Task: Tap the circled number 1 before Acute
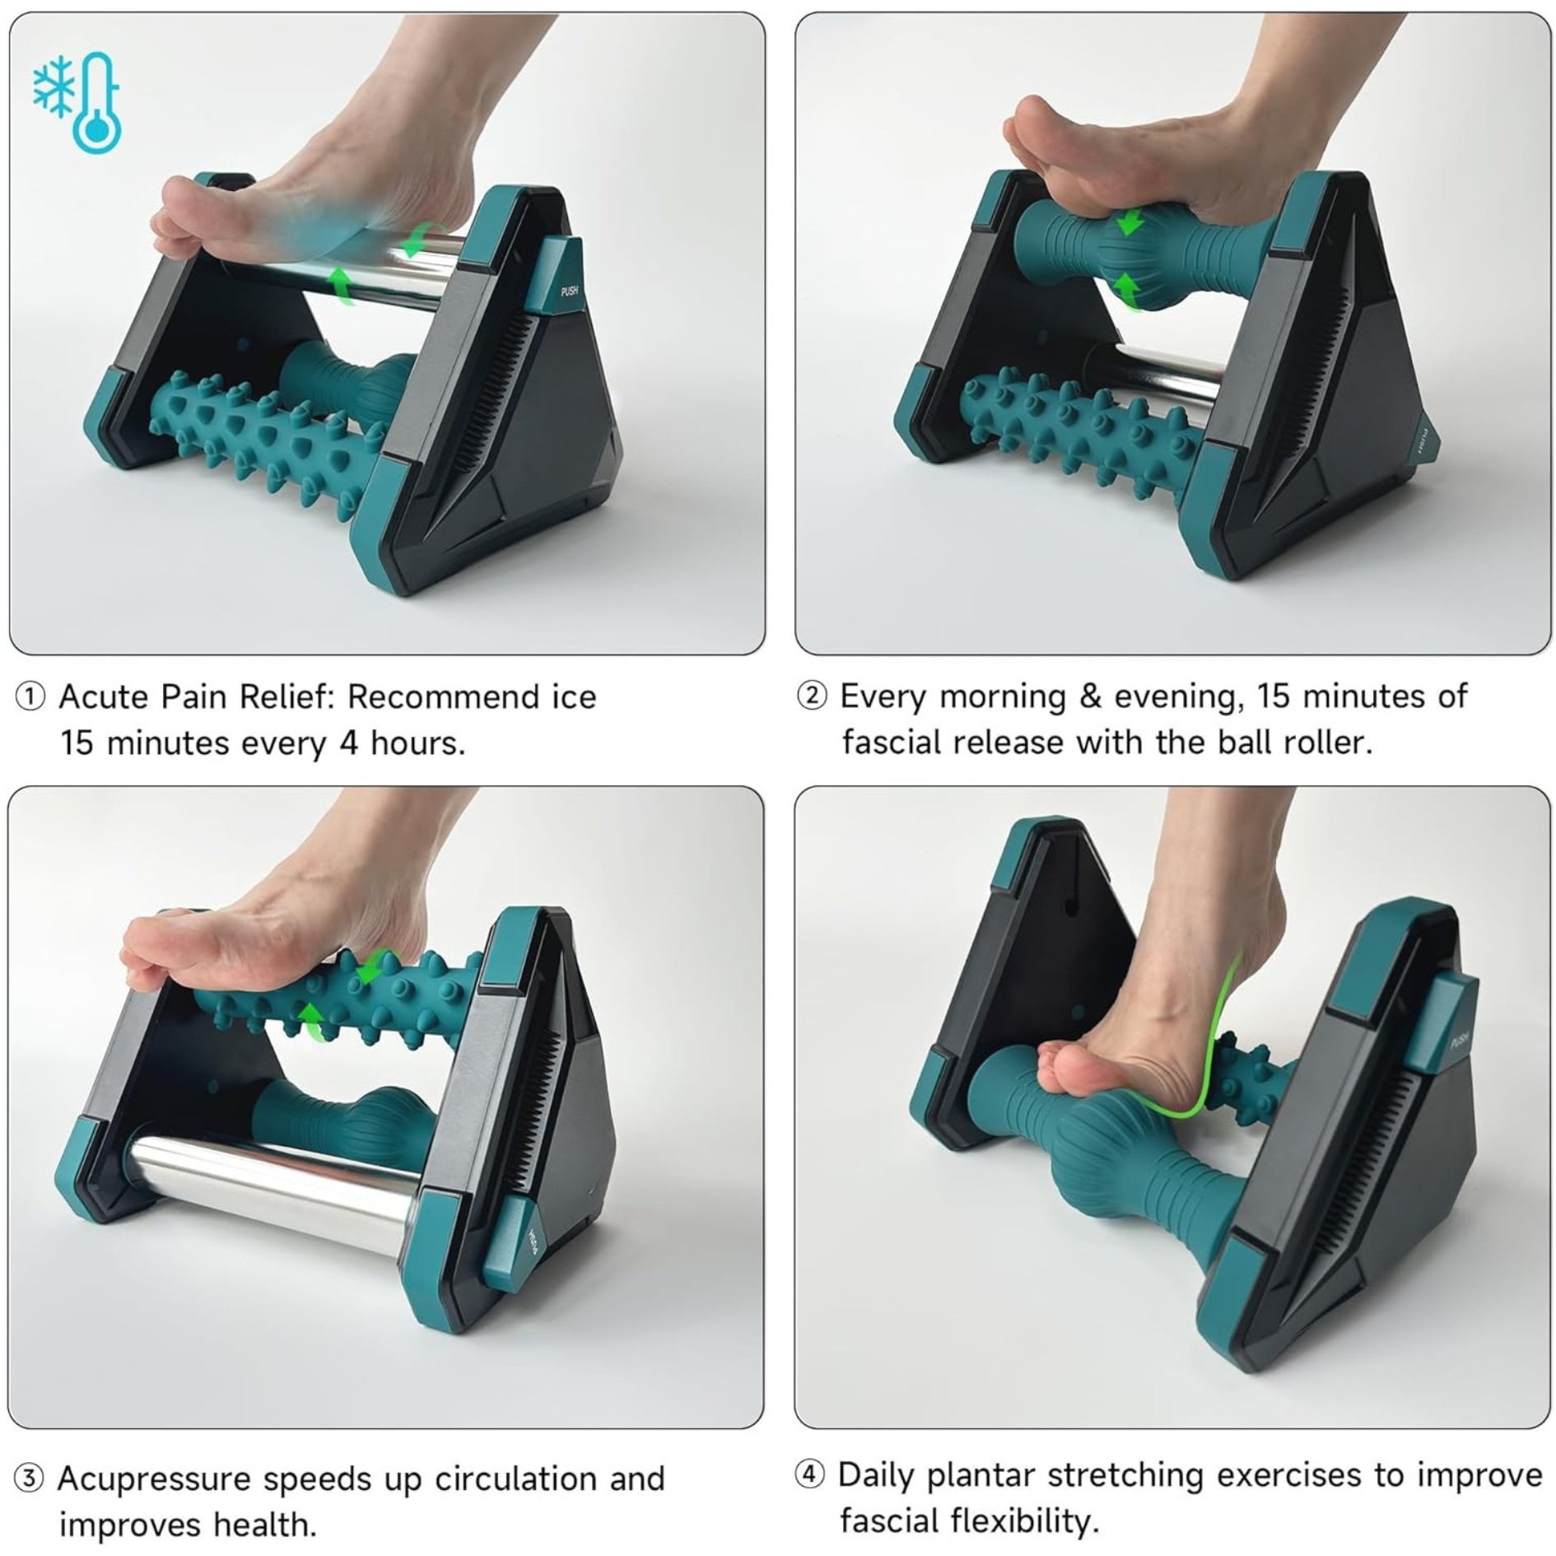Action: [30, 697]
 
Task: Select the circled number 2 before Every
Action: [812, 696]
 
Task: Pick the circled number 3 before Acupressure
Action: [29, 1478]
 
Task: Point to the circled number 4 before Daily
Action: [809, 1473]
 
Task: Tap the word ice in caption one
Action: [573, 697]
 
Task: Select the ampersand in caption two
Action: [1090, 696]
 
